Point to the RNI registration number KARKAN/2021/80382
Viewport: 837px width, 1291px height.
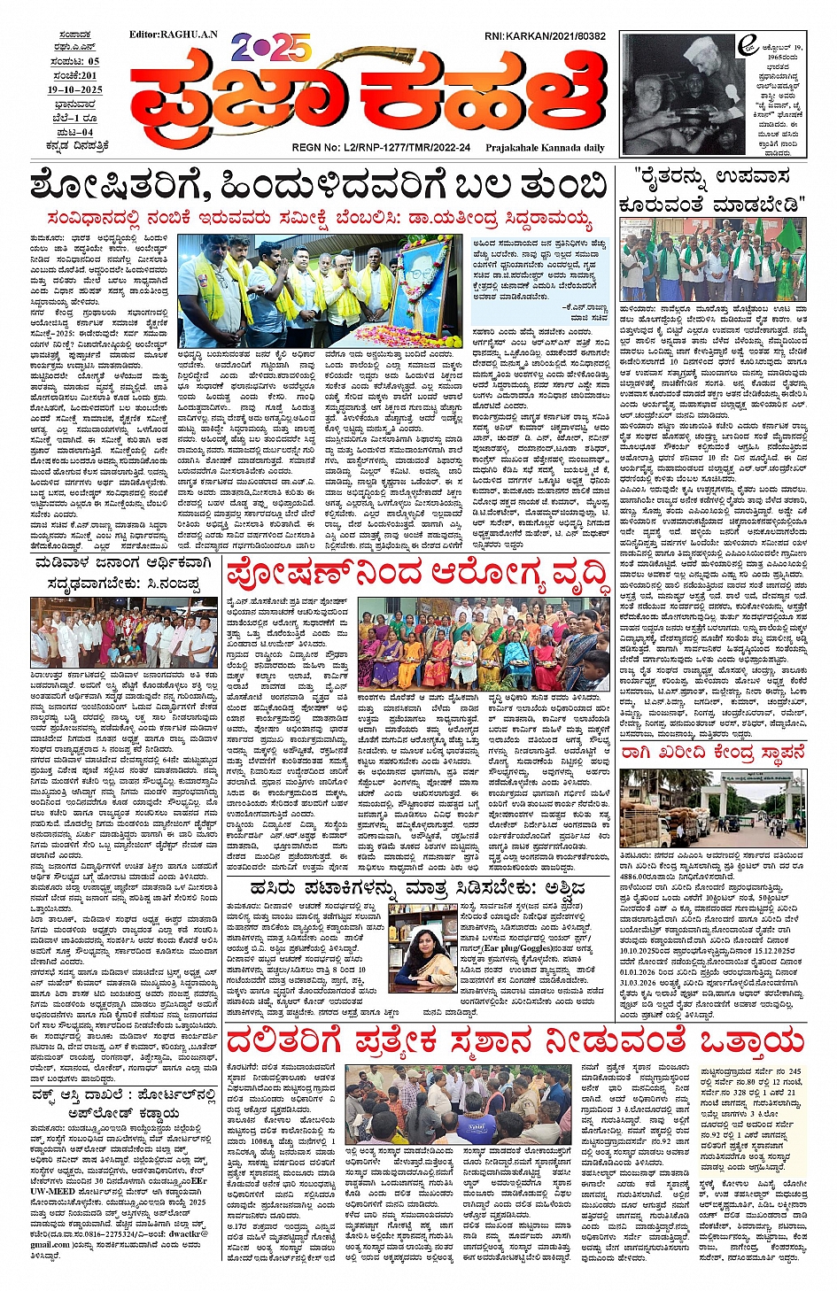(545, 36)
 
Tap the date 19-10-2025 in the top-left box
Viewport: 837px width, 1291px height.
(75, 90)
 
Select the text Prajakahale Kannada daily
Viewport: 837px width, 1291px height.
(545, 148)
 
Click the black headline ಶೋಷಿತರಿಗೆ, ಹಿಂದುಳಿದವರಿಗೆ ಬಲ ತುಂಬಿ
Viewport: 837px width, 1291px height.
(317, 187)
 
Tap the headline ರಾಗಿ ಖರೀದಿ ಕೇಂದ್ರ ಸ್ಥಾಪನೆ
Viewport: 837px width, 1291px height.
(714, 753)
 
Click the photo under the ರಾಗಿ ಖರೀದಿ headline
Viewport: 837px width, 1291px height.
(714, 808)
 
